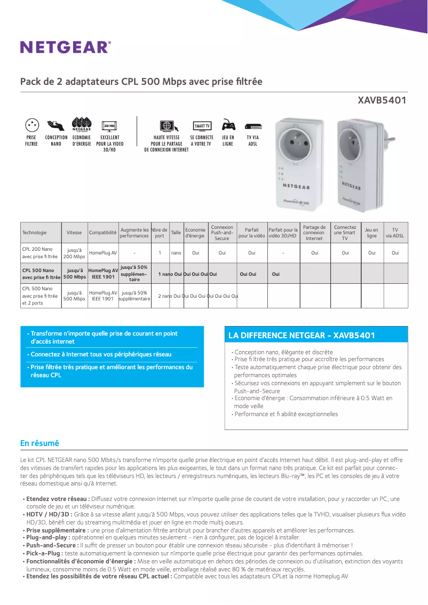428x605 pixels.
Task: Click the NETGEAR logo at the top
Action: pyautogui.click(x=66, y=47)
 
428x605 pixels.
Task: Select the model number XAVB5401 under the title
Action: pyautogui.click(x=382, y=100)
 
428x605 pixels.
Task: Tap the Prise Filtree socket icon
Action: pyautogui.click(x=31, y=125)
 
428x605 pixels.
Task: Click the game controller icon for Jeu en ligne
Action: pyautogui.click(x=228, y=125)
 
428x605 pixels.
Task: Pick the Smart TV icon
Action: pyautogui.click(x=202, y=126)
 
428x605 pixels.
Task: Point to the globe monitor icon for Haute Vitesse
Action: pyautogui.click(x=166, y=126)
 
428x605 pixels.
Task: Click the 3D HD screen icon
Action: pyautogui.click(x=109, y=126)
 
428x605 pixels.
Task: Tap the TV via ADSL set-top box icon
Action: pyautogui.click(x=253, y=126)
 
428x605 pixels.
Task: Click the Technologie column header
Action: pyautogui.click(x=34, y=233)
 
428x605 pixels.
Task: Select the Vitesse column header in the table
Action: pyautogui.click(x=74, y=233)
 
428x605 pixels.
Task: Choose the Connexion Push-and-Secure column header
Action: pyautogui.click(x=222, y=233)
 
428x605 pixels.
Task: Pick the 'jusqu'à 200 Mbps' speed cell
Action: pyautogui.click(x=74, y=253)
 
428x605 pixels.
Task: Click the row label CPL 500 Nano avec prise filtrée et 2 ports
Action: pyautogui.click(x=40, y=296)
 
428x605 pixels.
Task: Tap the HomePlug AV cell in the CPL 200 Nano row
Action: pyautogui.click(x=103, y=253)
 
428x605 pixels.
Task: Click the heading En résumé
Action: pyautogui.click(x=39, y=443)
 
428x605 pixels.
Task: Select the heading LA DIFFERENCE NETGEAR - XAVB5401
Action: pyautogui.click(x=302, y=336)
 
